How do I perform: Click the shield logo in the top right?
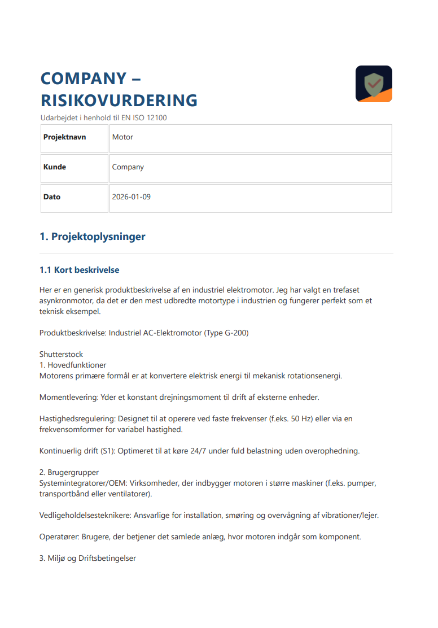(374, 84)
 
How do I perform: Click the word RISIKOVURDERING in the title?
(119, 101)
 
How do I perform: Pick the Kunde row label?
(55, 167)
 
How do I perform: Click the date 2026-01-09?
(131, 197)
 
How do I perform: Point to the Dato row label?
(52, 197)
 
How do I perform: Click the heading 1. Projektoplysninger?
(93, 237)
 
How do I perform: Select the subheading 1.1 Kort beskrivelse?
(79, 270)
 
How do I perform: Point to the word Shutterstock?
(61, 354)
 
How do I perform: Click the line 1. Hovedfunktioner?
(73, 365)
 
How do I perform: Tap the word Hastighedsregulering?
(75, 419)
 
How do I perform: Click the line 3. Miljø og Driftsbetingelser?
(87, 559)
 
